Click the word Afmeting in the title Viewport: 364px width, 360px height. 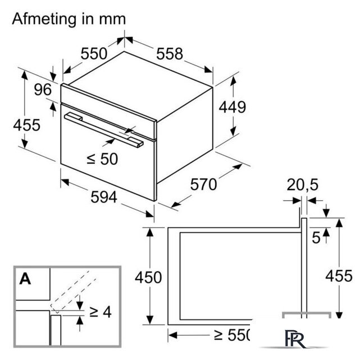point(44,20)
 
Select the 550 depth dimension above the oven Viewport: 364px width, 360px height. point(94,53)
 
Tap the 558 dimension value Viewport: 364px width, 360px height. point(170,54)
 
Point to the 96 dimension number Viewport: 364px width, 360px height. point(43,89)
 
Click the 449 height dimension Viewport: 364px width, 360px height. point(232,107)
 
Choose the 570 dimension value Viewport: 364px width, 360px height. point(203,184)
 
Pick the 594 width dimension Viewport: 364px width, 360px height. point(104,197)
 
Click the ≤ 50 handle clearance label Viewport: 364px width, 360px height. point(102,159)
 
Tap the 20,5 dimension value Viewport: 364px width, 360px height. point(302,185)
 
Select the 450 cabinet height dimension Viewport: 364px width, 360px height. point(148,277)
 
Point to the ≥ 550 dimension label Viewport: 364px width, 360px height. point(231,335)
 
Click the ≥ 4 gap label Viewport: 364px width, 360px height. point(101,312)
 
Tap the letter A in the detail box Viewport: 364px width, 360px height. point(25,278)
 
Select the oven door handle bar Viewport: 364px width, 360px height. point(104,130)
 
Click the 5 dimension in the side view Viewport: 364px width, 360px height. point(316,237)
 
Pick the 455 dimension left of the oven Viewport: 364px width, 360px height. point(27,125)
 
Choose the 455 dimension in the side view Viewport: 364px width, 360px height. point(339,276)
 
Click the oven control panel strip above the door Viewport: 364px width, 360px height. point(108,112)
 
